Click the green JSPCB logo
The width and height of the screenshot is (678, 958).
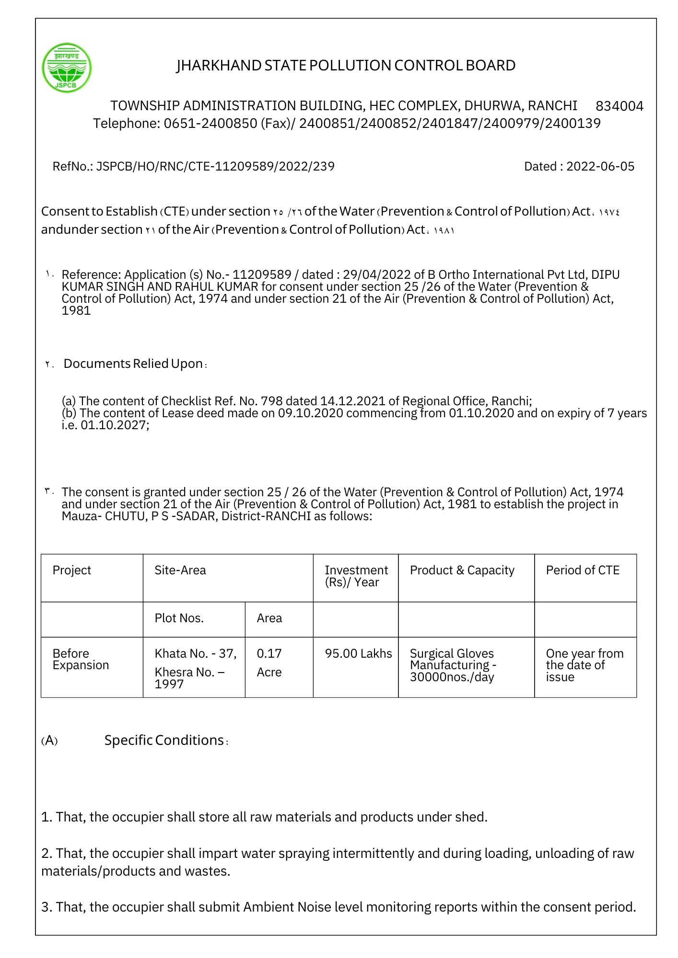pyautogui.click(x=67, y=68)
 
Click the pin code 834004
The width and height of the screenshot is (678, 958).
pyautogui.click(x=619, y=106)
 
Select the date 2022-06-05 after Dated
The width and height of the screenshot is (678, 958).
pyautogui.click(x=600, y=167)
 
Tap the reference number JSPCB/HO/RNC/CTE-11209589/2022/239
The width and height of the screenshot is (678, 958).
pyautogui.click(x=215, y=167)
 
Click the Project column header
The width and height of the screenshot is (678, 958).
pyautogui.click(x=72, y=570)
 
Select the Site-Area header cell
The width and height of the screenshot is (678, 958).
pyautogui.click(x=180, y=570)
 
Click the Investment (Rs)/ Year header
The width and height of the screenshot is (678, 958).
pyautogui.click(x=356, y=576)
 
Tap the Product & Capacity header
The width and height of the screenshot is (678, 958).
pyautogui.click(x=462, y=570)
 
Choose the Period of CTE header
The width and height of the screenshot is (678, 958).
pyautogui.click(x=583, y=570)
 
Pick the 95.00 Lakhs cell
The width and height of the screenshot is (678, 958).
pyautogui.click(x=358, y=654)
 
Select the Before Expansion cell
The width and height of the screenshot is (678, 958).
pyautogui.click(x=81, y=660)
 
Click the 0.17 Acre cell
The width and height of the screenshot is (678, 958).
pyautogui.click(x=269, y=663)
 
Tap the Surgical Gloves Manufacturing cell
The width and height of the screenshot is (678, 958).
pyautogui.click(x=453, y=665)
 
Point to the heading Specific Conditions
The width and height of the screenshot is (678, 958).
pyautogui.click(x=164, y=741)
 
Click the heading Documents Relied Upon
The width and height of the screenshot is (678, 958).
pyautogui.click(x=133, y=364)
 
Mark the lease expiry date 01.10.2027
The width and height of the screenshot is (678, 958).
pyautogui.click(x=115, y=425)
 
